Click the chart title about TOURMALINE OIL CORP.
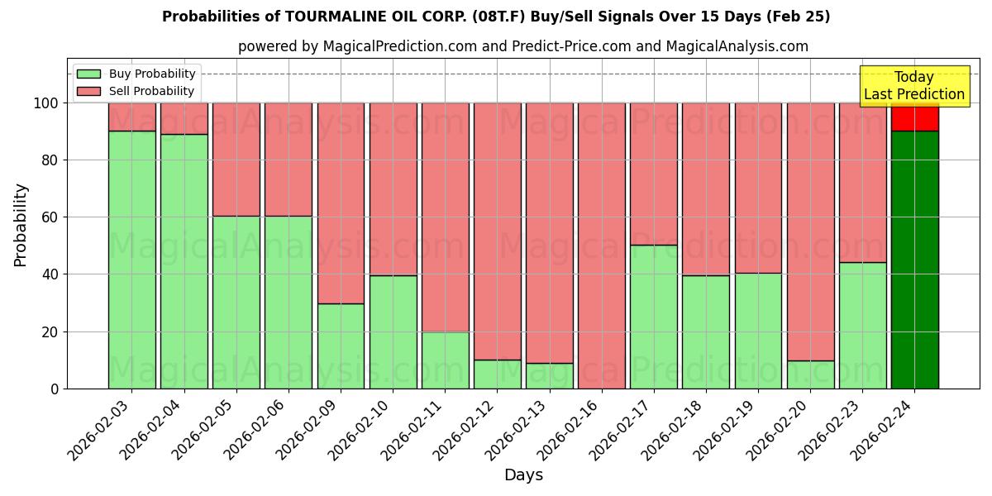[496, 17]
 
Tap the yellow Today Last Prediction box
[913, 86]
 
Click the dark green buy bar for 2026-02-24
[914, 260]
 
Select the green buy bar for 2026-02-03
[131, 260]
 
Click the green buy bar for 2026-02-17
[653, 317]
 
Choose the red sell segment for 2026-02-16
[601, 246]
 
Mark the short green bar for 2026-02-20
[810, 374]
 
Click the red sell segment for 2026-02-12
[497, 231]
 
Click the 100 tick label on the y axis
[45, 103]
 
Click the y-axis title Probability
[21, 225]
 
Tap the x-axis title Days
[523, 475]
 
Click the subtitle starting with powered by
[522, 46]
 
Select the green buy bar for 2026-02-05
[236, 303]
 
